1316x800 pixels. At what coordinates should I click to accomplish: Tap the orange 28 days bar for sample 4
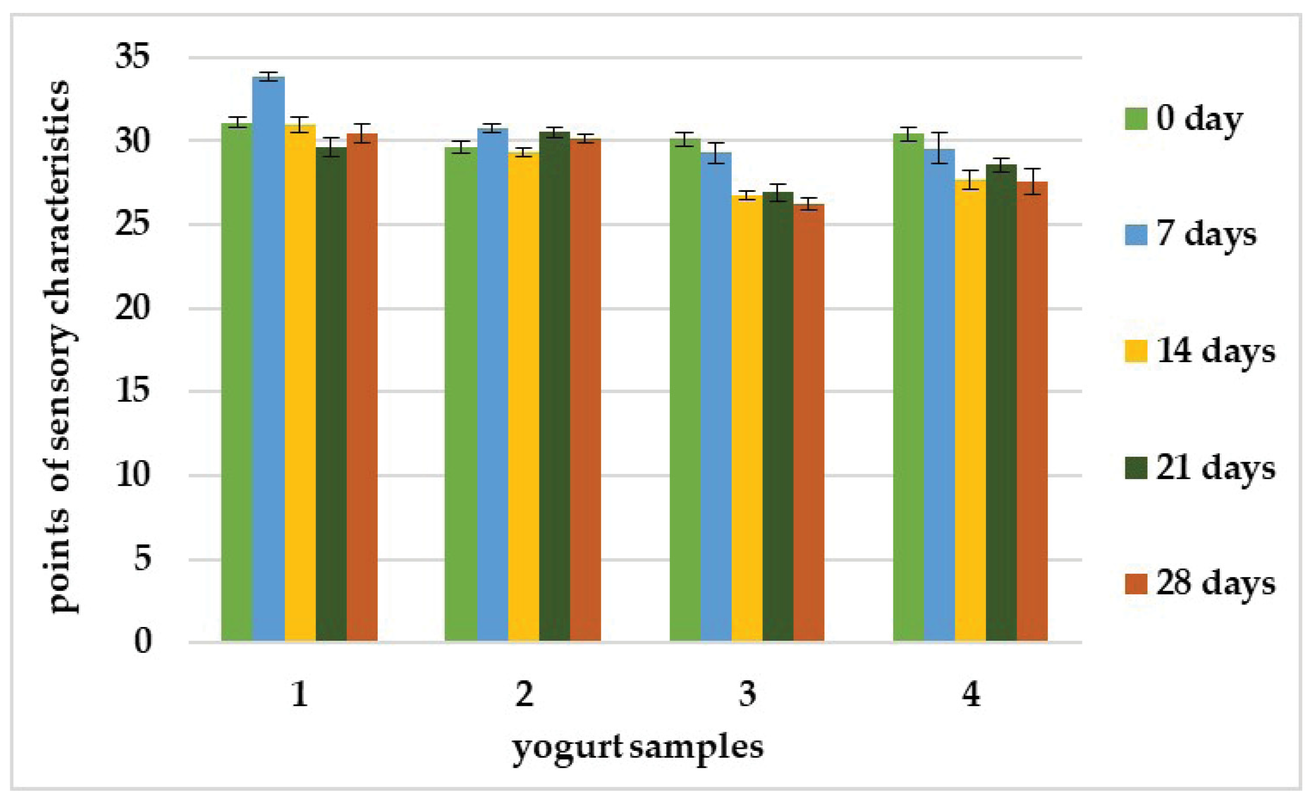(1032, 411)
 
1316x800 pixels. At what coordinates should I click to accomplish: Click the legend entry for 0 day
(1183, 119)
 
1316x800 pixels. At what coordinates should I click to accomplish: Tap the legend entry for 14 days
(1200, 352)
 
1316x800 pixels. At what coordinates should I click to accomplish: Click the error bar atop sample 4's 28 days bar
(1032, 182)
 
